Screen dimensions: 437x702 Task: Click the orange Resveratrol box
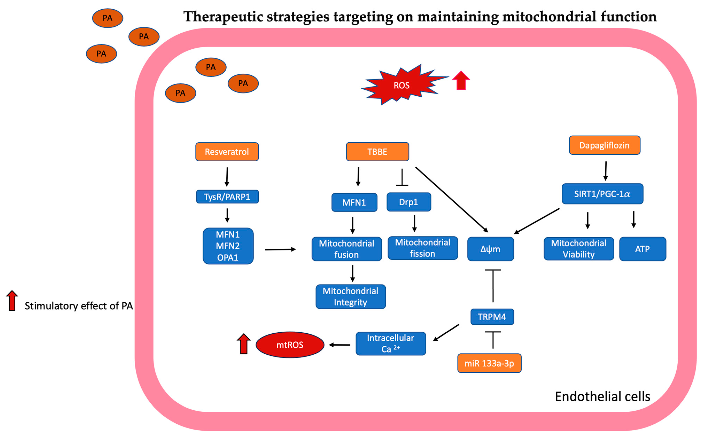pyautogui.click(x=227, y=152)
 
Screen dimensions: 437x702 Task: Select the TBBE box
pyautogui.click(x=377, y=152)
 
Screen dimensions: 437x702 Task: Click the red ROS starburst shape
pyautogui.click(x=402, y=85)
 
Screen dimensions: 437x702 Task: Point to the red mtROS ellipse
pyautogui.click(x=290, y=345)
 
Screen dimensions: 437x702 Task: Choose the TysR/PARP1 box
pyautogui.click(x=227, y=197)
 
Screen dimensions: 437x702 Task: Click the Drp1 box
pyautogui.click(x=409, y=202)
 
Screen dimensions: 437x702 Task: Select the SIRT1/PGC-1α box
pyautogui.click(x=602, y=194)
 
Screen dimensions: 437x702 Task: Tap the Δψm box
pyautogui.click(x=490, y=249)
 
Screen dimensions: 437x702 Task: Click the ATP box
pyautogui.click(x=642, y=249)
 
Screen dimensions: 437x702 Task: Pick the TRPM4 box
pyautogui.click(x=492, y=317)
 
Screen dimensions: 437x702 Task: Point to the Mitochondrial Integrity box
pyautogui.click(x=351, y=296)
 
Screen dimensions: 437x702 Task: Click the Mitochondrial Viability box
pyautogui.click(x=579, y=249)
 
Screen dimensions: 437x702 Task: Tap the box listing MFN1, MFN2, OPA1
pyautogui.click(x=228, y=246)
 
